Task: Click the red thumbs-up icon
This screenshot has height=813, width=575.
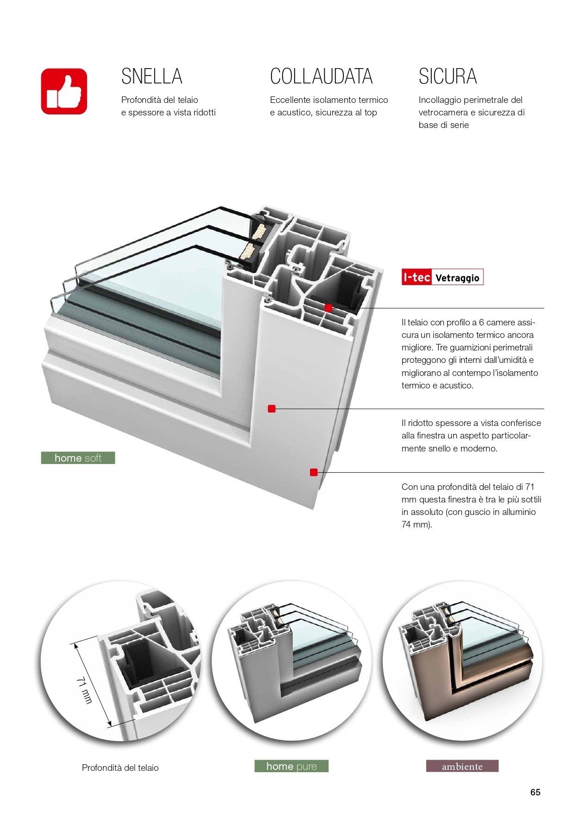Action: (64, 91)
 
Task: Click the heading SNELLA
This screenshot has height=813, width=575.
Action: (152, 76)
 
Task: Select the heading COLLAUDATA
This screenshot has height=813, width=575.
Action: (321, 76)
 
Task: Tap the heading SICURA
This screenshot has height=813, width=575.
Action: (448, 76)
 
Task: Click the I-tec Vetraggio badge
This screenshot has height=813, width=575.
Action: (442, 278)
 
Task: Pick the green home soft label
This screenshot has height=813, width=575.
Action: (78, 458)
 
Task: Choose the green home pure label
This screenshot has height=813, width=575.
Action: (291, 766)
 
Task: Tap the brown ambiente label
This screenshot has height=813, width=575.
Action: (462, 766)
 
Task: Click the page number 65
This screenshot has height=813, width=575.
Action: (535, 792)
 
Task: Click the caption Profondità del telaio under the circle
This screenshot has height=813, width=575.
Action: (120, 768)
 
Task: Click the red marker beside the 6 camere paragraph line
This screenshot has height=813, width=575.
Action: (329, 308)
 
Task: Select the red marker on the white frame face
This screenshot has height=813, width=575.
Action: (272, 408)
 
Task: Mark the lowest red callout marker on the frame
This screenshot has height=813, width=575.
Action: (314, 472)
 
